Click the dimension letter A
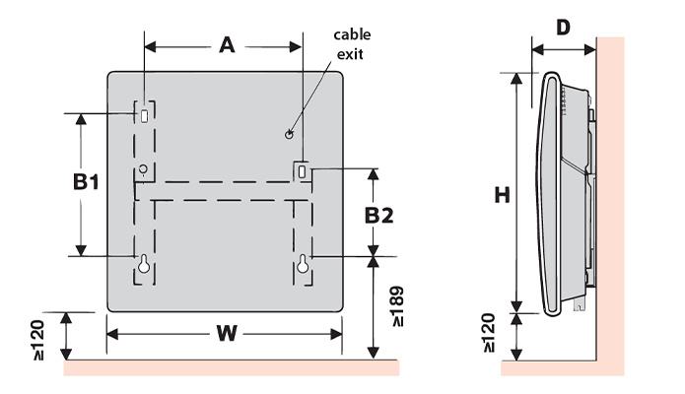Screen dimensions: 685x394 [x=227, y=45]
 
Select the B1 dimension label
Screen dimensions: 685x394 [x=86, y=181]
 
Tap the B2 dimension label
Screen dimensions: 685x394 [x=378, y=216]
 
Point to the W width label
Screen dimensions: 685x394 [x=227, y=334]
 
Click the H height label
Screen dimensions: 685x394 [x=502, y=195]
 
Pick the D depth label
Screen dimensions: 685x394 [x=563, y=28]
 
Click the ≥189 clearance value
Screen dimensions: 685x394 [x=398, y=306]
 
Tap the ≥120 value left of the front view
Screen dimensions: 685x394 [x=38, y=340]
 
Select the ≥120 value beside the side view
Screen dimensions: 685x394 [x=489, y=333]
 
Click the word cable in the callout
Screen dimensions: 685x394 [x=352, y=34]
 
